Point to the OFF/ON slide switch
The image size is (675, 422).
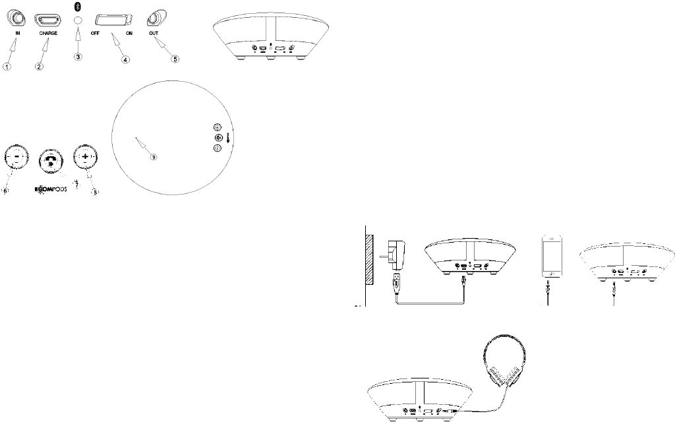coord(113,20)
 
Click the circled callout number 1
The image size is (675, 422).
coord(7,67)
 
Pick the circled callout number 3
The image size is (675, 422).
coord(78,57)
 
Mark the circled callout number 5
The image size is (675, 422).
coord(175,59)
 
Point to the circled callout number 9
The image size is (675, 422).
coord(154,157)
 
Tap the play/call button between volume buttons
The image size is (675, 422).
coord(50,160)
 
